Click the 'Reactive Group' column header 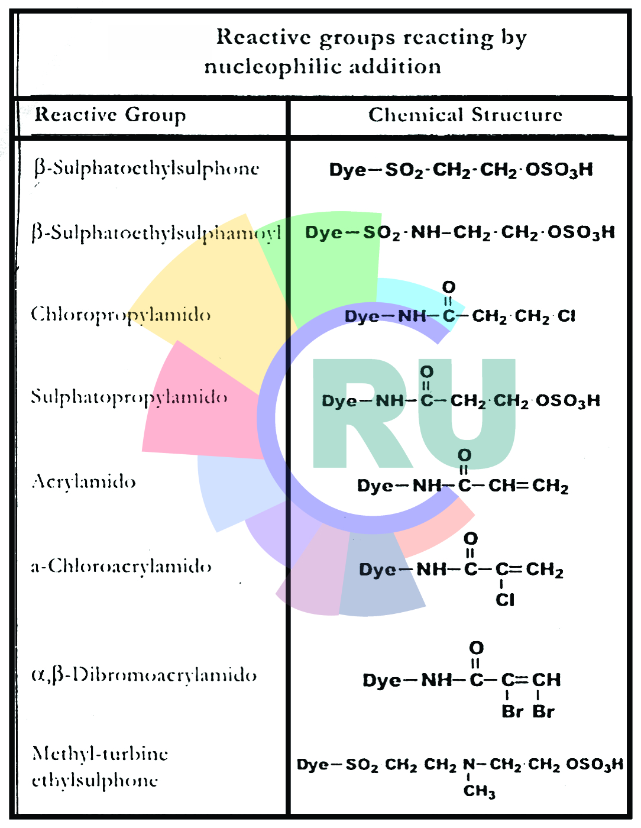click(x=111, y=115)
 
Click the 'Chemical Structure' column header click(x=465, y=115)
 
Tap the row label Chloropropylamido click(x=121, y=314)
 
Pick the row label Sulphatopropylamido click(x=129, y=397)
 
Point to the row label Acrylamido click(x=84, y=481)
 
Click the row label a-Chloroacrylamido click(x=121, y=567)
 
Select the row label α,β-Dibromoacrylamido click(x=144, y=675)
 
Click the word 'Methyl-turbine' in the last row click(x=100, y=753)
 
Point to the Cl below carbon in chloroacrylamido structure click(x=505, y=600)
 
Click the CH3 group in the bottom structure click(x=479, y=791)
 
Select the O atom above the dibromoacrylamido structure click(x=476, y=648)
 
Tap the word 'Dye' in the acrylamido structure click(x=374, y=486)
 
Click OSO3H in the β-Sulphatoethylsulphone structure click(x=559, y=170)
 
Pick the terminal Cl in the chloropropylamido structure click(x=566, y=316)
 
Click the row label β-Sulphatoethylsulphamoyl click(x=156, y=233)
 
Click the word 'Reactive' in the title click(x=263, y=37)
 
